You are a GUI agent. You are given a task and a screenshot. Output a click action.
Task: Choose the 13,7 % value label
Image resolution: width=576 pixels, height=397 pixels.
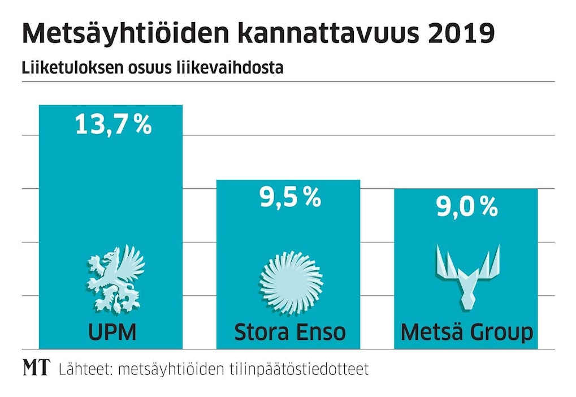point(113,124)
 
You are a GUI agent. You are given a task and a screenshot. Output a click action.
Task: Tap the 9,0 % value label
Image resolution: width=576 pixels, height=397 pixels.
point(466,208)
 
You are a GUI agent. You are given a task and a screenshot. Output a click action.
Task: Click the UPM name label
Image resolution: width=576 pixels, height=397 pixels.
point(112,331)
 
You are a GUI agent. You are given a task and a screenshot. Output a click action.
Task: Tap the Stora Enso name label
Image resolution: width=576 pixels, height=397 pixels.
point(290,331)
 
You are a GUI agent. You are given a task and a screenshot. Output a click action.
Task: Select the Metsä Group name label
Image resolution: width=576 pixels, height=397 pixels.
point(466,332)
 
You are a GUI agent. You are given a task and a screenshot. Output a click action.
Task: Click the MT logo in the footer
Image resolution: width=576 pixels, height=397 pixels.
point(36,369)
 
